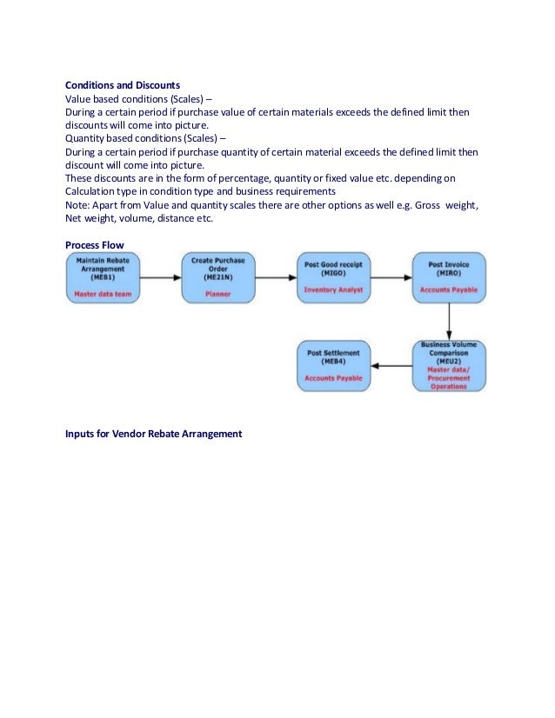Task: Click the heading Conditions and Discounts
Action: coord(123,85)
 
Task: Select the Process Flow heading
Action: coord(95,245)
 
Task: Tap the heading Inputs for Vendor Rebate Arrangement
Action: coord(153,432)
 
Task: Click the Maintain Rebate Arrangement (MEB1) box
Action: coord(103,277)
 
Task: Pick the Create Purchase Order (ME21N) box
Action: coord(218,277)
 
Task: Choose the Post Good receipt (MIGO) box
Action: coord(333,277)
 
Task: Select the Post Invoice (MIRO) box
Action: coord(449,277)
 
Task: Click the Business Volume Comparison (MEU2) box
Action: coord(449,365)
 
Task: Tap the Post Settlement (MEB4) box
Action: coord(333,365)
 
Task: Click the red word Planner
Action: coord(218,294)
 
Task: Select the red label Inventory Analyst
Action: coord(333,289)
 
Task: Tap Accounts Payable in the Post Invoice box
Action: coord(449,289)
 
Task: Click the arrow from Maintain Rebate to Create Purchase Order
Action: coord(160,277)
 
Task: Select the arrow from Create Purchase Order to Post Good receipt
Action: coord(276,277)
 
